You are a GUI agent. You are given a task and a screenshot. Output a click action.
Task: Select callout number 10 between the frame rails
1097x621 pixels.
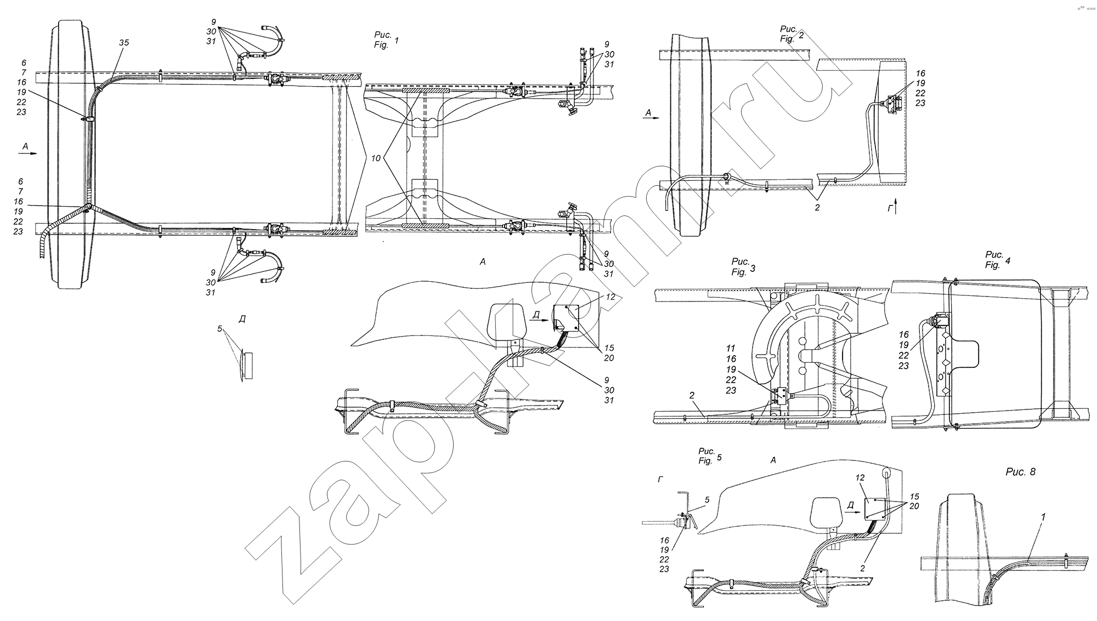tap(376, 158)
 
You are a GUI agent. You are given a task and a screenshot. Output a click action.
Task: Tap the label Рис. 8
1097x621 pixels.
tap(1020, 471)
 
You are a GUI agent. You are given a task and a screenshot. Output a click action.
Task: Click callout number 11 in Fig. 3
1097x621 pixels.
tap(730, 349)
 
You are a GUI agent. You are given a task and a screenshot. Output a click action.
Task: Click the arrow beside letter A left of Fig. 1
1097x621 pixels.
tap(27, 154)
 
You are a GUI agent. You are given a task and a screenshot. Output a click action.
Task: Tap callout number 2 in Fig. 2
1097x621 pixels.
tap(817, 208)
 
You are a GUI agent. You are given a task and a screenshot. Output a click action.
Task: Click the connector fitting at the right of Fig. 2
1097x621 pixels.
tap(890, 104)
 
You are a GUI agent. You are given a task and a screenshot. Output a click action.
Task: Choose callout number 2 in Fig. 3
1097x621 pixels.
tap(692, 395)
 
